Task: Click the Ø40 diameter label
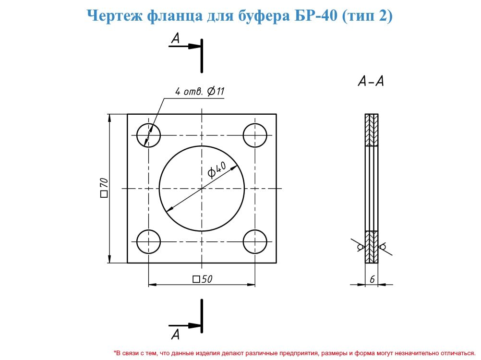pyautogui.click(x=217, y=169)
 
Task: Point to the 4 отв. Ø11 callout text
pyautogui.click(x=200, y=91)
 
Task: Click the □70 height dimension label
pyautogui.click(x=104, y=187)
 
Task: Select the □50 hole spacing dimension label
pyautogui.click(x=203, y=279)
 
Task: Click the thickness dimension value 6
pyautogui.click(x=372, y=279)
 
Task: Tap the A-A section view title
pyautogui.click(x=371, y=81)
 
